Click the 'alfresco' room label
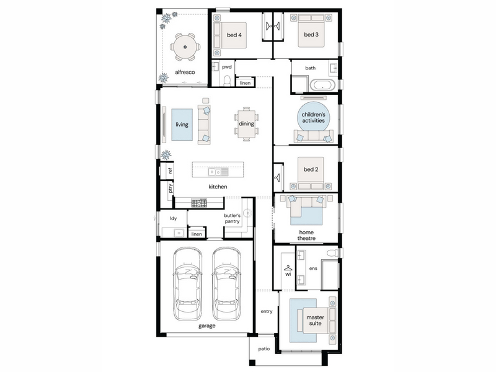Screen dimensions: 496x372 (185, 72)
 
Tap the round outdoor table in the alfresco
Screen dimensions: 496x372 (185, 47)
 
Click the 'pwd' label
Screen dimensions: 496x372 (227, 67)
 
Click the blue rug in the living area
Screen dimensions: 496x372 (182, 125)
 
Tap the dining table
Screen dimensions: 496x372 (246, 124)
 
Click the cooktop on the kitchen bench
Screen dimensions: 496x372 (199, 203)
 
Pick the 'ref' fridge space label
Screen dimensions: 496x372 (170, 171)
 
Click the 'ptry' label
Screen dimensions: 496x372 (170, 188)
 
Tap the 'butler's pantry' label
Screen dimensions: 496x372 (232, 218)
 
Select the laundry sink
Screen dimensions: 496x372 (179, 233)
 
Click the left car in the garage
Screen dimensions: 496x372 (188, 284)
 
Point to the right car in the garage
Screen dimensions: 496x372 (226, 284)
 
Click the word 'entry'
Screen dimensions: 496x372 (267, 311)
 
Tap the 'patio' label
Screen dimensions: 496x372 (264, 348)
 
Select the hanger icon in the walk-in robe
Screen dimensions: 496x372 (288, 268)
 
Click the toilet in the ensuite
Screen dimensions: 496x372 (332, 253)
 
